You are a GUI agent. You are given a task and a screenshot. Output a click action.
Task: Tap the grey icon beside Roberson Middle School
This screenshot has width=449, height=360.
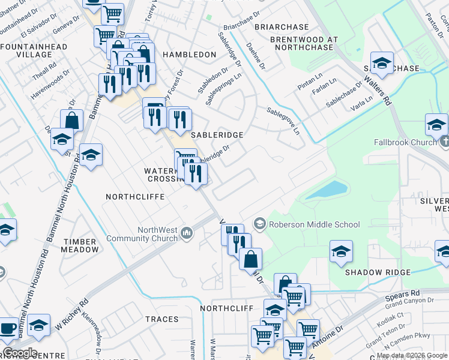coord(260,224)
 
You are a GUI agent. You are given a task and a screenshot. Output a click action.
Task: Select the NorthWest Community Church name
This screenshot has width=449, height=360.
coord(143,234)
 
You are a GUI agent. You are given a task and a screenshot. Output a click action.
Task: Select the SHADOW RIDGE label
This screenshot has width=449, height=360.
coord(378,272)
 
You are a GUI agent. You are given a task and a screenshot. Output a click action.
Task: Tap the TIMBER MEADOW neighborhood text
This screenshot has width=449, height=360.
coord(79,245)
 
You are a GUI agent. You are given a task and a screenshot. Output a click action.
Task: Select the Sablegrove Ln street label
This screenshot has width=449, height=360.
coord(283,121)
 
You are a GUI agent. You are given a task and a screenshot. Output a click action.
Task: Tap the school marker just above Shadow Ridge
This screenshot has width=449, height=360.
coord(341,251)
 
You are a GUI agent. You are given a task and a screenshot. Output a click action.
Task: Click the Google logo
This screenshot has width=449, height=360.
coord(20,353)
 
